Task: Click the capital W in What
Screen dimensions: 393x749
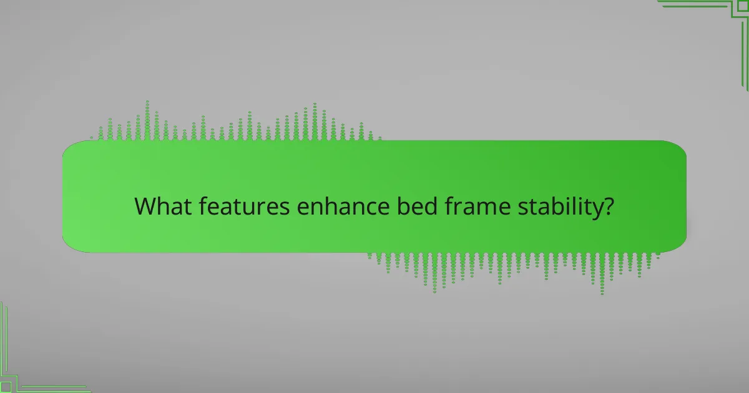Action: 145,206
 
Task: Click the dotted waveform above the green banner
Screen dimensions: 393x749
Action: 237,125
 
